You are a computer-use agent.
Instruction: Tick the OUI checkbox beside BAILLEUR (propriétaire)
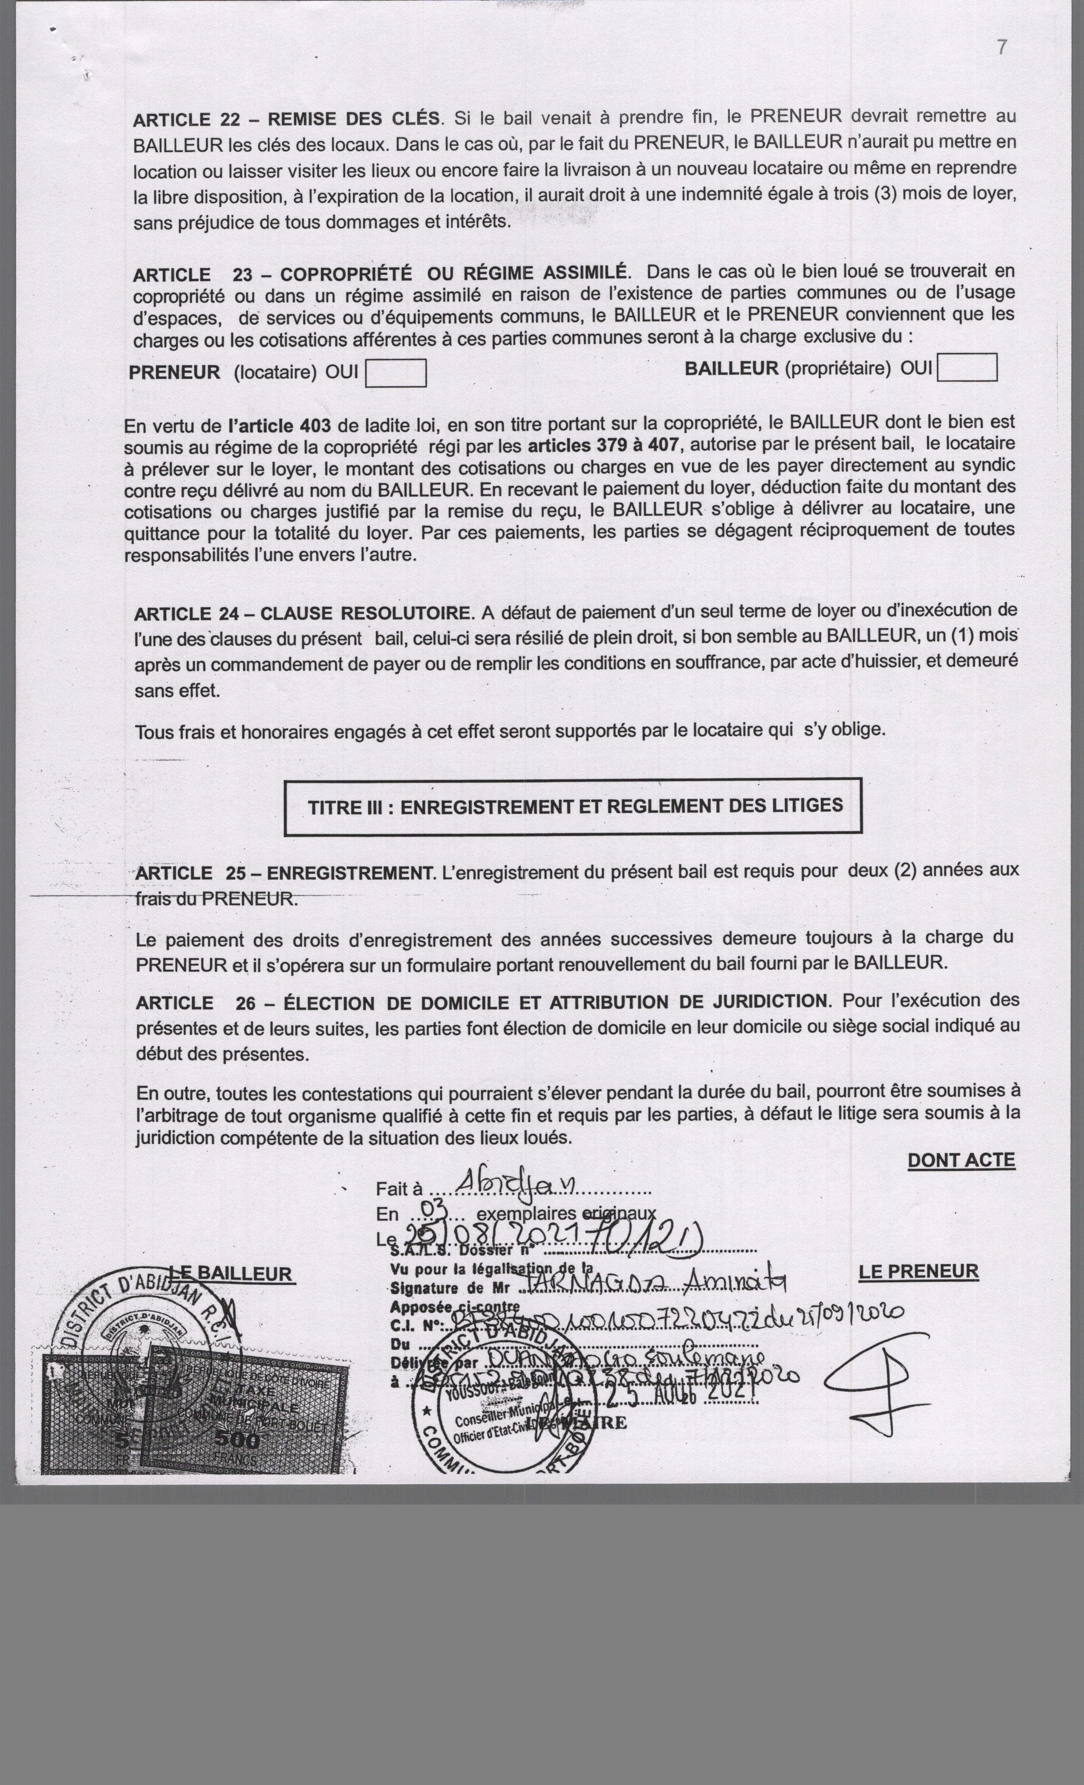(x=967, y=367)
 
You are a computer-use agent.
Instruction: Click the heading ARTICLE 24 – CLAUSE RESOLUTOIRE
(x=303, y=614)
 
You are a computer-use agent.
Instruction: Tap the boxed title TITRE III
(x=573, y=806)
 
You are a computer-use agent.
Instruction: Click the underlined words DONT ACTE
(x=961, y=1160)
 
